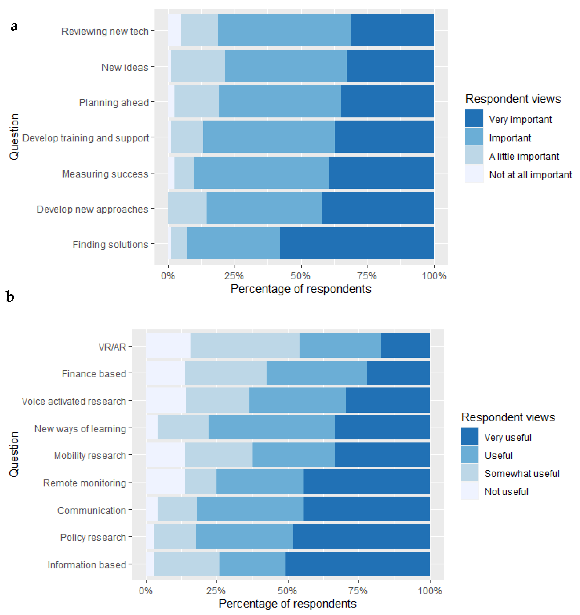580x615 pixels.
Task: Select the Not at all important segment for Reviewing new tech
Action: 174,30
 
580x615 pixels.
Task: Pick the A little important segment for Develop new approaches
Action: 187,208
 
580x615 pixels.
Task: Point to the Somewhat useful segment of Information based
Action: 186,564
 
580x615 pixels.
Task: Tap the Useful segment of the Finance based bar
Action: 317,373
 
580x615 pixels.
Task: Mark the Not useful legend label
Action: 506,491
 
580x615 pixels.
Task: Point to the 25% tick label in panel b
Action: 216,591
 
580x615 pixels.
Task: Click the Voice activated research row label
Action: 74,401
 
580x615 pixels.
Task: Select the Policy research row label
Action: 93,537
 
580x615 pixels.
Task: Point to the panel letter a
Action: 14,27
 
